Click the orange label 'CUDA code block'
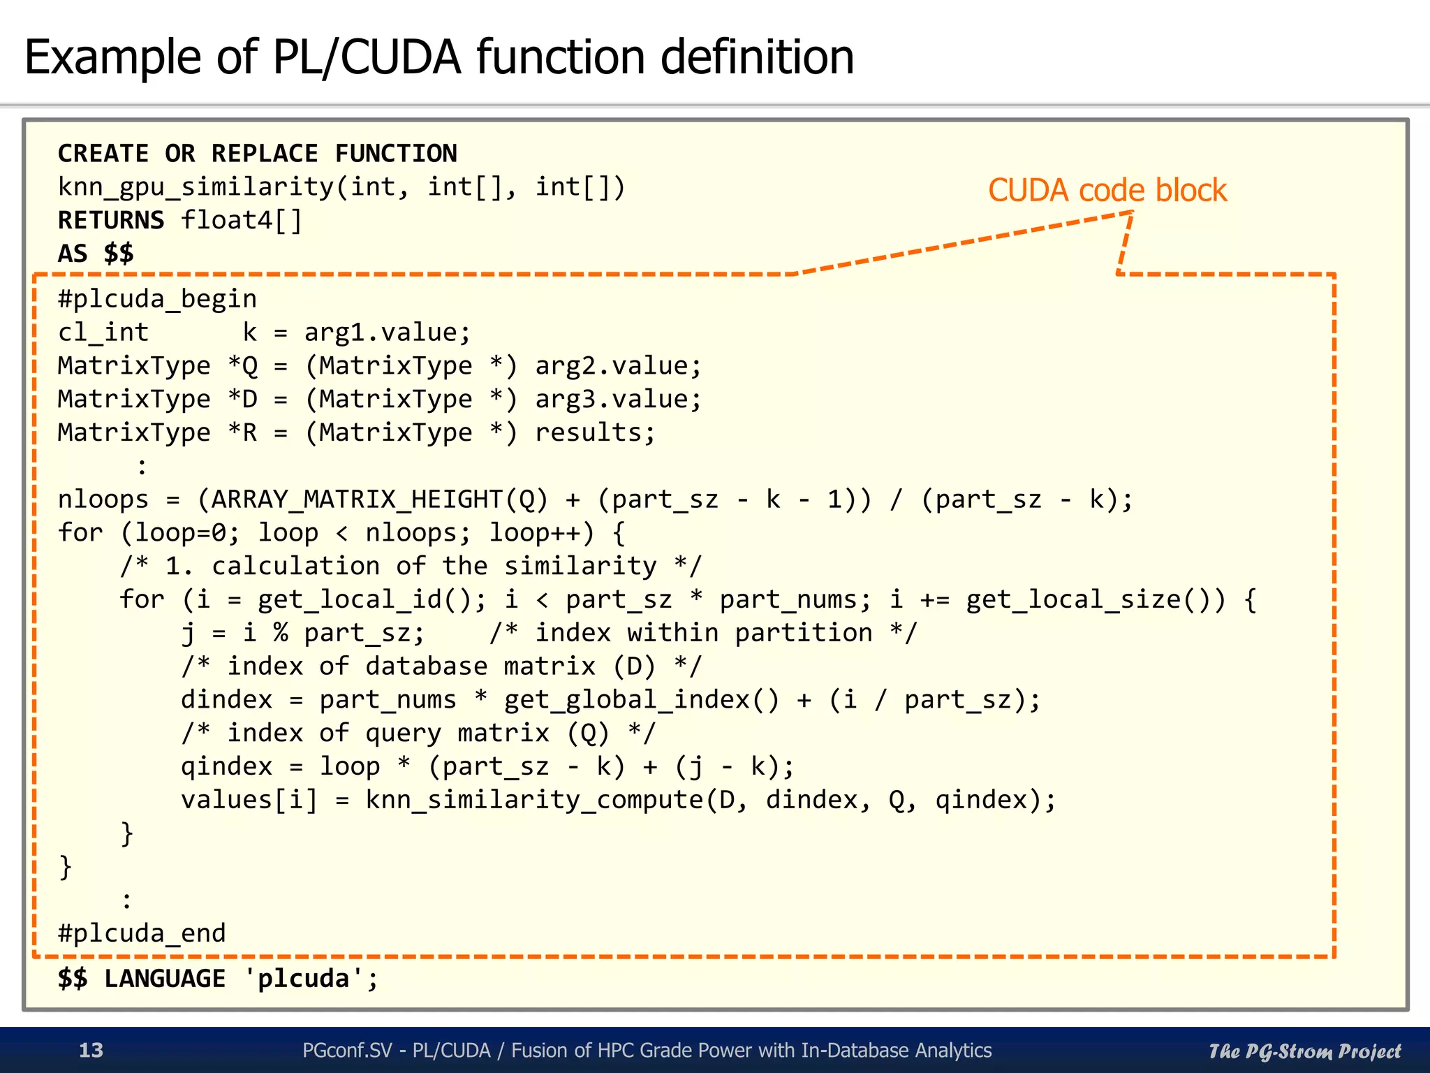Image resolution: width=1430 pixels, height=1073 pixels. click(x=1107, y=191)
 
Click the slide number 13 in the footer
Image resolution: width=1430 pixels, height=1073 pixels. click(x=91, y=1050)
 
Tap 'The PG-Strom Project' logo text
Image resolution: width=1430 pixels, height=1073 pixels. click(x=1304, y=1051)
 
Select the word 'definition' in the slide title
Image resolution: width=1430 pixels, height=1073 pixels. click(x=757, y=57)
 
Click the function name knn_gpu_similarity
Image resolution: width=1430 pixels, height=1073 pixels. click(x=196, y=187)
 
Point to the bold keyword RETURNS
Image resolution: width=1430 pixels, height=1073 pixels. click(x=110, y=221)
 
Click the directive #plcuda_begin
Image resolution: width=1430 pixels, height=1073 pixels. click(x=157, y=299)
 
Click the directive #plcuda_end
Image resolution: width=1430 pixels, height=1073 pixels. click(x=142, y=933)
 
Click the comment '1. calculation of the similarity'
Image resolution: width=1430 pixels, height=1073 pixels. click(x=411, y=566)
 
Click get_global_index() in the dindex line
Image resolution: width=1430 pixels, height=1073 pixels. click(x=641, y=700)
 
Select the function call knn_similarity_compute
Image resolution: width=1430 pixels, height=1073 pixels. click(x=534, y=800)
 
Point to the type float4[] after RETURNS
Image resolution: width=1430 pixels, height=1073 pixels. click(x=242, y=221)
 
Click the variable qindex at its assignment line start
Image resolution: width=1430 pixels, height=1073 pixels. click(x=226, y=766)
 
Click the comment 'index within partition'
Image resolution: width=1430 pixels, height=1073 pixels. click(x=703, y=633)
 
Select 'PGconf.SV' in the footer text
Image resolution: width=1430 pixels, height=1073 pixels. click(x=347, y=1050)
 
